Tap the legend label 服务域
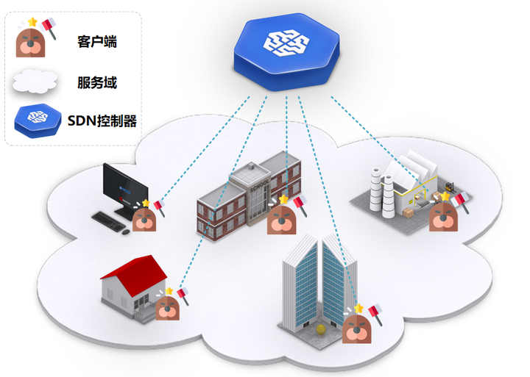point(96,82)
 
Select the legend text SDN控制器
point(102,121)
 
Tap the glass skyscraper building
point(318,283)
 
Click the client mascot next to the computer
point(144,218)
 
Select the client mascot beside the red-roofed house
point(169,308)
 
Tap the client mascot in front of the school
point(281,218)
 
